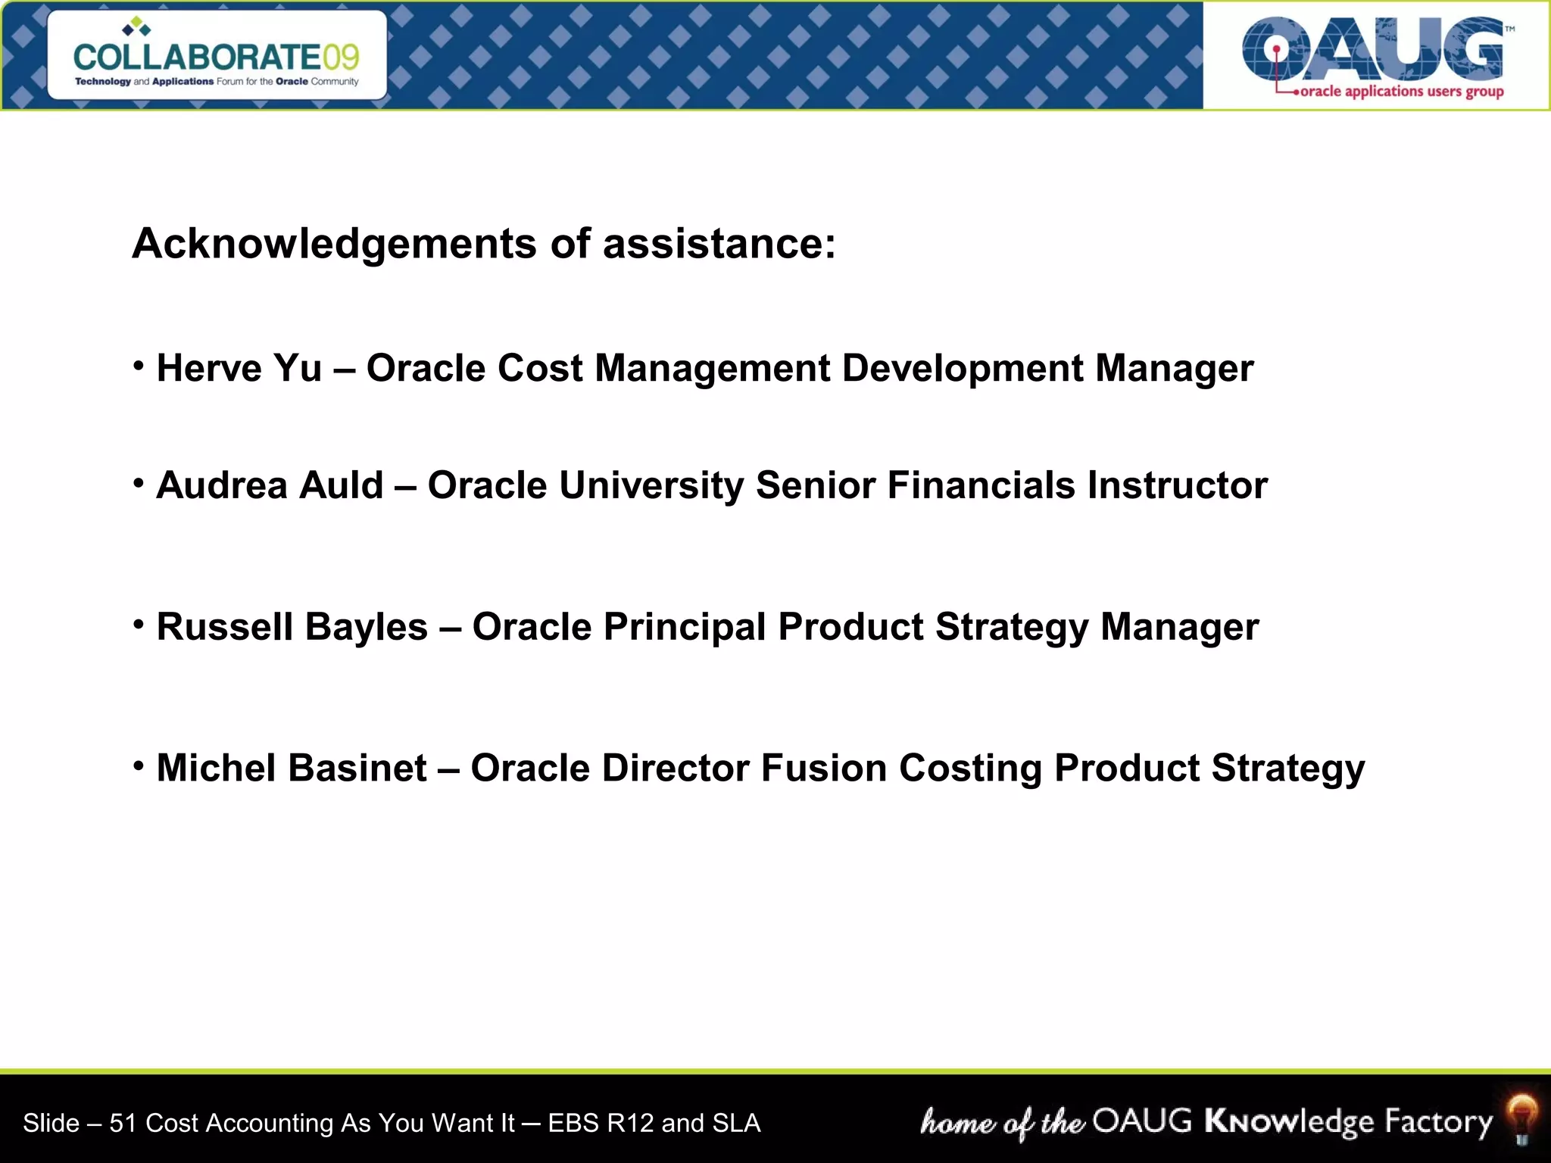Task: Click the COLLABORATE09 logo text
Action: [216, 57]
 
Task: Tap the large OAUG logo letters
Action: [1372, 50]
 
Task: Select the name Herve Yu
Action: [239, 369]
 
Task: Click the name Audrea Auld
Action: [270, 485]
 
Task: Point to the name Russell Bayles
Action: [292, 627]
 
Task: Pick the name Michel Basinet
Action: [292, 768]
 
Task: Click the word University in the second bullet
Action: [651, 485]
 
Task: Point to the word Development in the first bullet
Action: [963, 369]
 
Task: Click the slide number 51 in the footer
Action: [123, 1123]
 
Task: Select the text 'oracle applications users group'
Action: [1401, 92]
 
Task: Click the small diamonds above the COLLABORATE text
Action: [136, 27]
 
